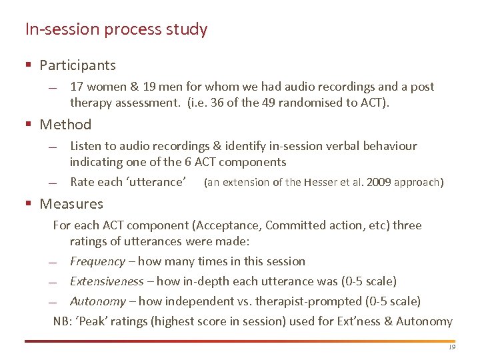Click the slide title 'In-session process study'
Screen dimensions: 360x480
[116, 29]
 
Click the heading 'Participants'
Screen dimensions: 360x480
[77, 65]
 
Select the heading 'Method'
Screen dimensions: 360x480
[65, 125]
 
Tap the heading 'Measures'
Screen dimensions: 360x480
[71, 204]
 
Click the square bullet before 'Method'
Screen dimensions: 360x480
[29, 125]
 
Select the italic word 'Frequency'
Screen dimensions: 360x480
[97, 261]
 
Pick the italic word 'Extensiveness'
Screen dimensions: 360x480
[107, 281]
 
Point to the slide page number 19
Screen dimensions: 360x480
[451, 347]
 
